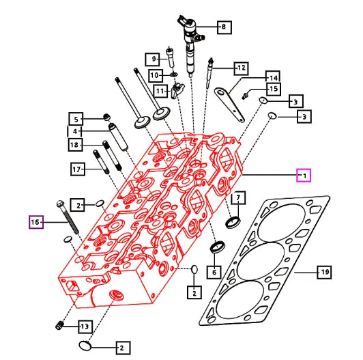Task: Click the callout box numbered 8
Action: click(224, 27)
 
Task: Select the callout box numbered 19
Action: click(324, 272)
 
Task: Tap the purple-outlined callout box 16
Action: click(36, 222)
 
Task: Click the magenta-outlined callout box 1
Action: click(304, 176)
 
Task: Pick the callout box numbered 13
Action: click(85, 327)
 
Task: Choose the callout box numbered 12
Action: click(241, 68)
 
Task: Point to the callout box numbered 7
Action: click(238, 197)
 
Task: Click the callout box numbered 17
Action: click(78, 169)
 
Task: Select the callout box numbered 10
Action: click(156, 75)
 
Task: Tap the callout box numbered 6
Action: click(214, 272)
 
